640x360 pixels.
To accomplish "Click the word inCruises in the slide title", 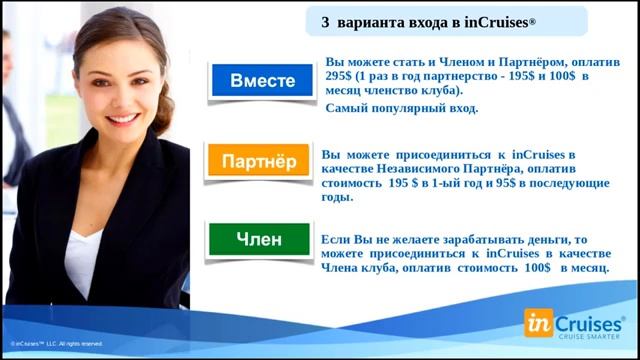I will click(x=505, y=21).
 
